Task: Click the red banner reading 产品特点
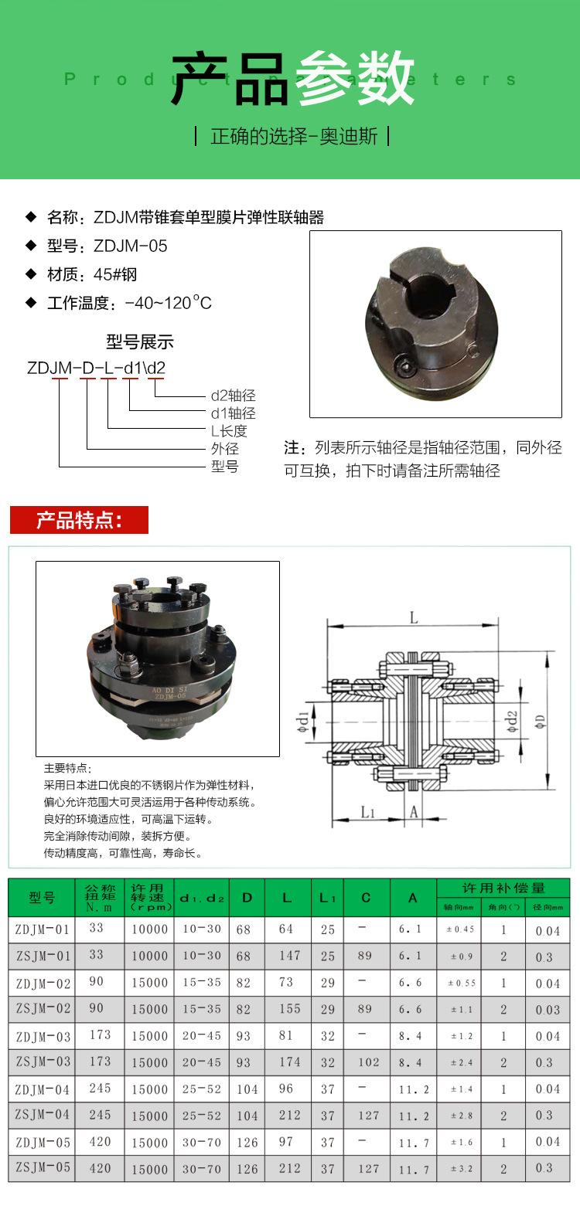pos(78,520)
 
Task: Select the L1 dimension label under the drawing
pos(367,812)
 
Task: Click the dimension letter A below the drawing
pos(414,812)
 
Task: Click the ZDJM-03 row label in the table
pos(43,1036)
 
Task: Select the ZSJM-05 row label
pos(43,1167)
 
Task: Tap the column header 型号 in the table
pos(43,898)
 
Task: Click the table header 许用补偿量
pos(503,888)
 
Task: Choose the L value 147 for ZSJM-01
pos(289,956)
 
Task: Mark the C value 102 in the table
pos(368,1062)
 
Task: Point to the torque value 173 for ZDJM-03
pos(100,1034)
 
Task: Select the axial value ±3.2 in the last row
pos(459,1168)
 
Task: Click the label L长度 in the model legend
pos(229,431)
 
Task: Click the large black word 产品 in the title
pos(230,79)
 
